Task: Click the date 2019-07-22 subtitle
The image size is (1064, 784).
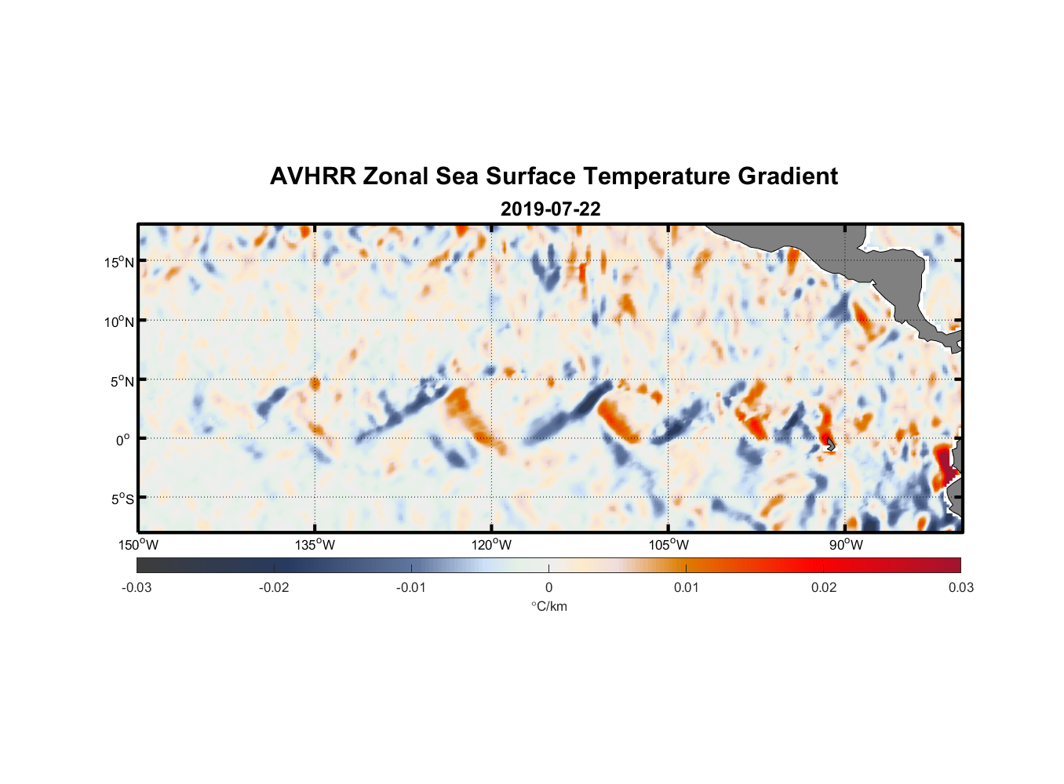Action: pos(551,209)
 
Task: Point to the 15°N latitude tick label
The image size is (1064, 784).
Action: pos(118,262)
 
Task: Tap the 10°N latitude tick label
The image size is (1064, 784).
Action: pos(118,321)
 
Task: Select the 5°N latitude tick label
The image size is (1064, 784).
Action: pos(121,381)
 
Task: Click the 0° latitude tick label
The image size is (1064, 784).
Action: pos(123,440)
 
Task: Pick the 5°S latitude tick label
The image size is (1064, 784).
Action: pos(121,499)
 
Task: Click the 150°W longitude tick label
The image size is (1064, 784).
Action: pos(138,545)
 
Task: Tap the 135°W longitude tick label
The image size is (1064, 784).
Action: pos(315,545)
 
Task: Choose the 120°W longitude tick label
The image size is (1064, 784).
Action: pos(491,545)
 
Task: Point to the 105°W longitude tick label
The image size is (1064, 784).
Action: pos(669,545)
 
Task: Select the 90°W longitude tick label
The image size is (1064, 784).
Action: pos(846,545)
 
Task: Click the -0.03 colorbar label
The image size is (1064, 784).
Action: pos(137,587)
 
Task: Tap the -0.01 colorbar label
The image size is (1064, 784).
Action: pos(411,587)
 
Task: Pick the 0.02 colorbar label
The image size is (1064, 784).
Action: pos(823,587)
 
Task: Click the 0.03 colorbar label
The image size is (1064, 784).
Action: pos(960,587)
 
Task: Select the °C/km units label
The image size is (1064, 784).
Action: pos(548,606)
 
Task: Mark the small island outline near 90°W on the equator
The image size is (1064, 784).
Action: pos(831,445)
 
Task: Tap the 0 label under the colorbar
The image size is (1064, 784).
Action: pos(548,587)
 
